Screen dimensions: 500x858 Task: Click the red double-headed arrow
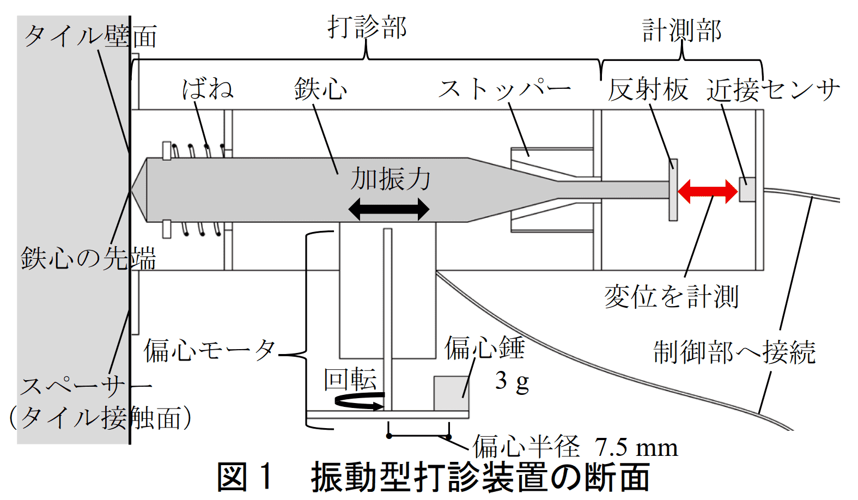707,191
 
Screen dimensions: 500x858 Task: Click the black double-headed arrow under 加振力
388,209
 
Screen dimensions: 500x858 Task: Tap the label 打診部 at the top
367,27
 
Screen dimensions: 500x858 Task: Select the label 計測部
681,31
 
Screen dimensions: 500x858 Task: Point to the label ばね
208,89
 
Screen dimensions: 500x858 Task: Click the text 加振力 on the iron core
390,179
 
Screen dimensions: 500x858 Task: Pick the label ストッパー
504,89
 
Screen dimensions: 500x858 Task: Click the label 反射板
648,90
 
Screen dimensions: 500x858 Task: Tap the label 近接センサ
773,90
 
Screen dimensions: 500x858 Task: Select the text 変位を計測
671,297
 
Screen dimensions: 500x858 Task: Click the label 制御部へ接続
734,352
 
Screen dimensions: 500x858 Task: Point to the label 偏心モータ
210,350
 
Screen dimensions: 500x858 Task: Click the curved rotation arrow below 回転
360,402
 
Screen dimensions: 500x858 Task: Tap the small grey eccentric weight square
451,393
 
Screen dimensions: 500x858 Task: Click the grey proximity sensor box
747,190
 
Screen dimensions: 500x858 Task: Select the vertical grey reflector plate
673,190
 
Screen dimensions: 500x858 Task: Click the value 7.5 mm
636,448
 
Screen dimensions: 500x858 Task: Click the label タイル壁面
90,36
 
